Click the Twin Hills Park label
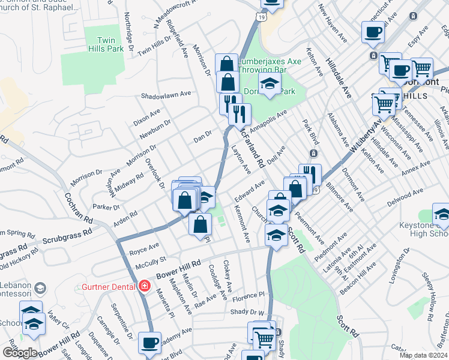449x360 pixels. [101, 44]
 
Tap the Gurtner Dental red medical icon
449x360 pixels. [144, 286]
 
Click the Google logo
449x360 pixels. [20, 353]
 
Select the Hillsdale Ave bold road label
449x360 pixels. [339, 77]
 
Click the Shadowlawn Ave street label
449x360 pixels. [166, 95]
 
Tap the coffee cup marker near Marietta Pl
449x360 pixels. [149, 344]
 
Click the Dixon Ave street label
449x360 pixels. [147, 113]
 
